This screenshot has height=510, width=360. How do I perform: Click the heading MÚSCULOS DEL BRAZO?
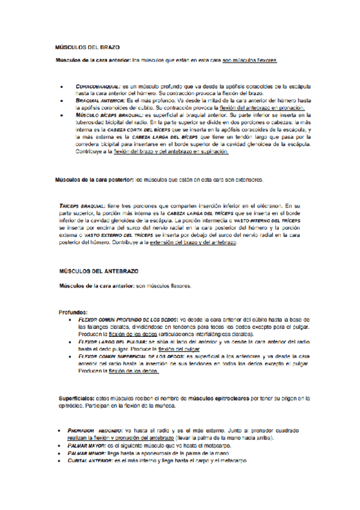(x=88, y=46)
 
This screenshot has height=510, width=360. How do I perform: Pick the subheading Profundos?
(x=73, y=312)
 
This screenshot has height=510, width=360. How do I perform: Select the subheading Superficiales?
(x=78, y=397)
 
